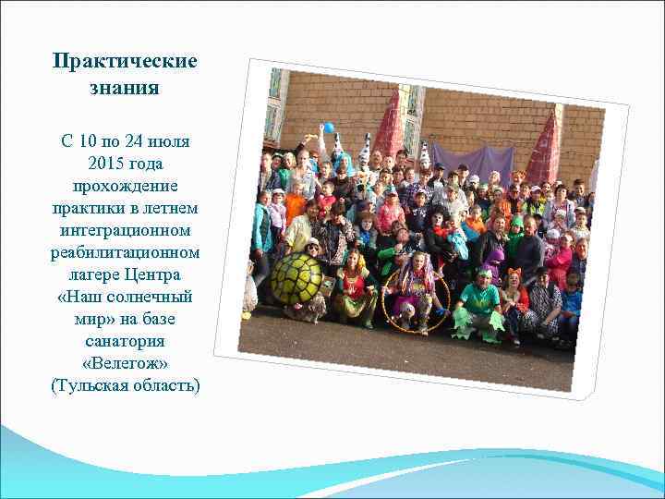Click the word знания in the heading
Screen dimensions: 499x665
(x=125, y=90)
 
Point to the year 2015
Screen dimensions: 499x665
(x=108, y=163)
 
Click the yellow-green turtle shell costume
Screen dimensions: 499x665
(x=296, y=278)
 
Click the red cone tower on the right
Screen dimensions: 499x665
(x=545, y=148)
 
